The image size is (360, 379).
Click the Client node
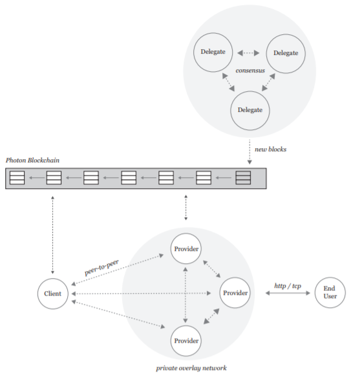52,294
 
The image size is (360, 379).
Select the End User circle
330,292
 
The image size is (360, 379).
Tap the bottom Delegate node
250,111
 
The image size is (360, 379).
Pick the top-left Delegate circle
213,52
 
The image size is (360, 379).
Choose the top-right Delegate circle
286,54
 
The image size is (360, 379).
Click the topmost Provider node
185,248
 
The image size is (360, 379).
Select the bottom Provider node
185,341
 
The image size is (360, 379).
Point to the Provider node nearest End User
235,293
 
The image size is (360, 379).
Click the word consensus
250,70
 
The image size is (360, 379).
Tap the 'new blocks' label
270,149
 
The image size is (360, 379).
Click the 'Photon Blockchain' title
32,160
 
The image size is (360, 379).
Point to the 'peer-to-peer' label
101,267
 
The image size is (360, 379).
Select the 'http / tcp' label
288,286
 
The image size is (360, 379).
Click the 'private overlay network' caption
191,368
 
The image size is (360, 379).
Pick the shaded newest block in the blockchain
243,178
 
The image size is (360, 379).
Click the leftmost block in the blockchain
17,178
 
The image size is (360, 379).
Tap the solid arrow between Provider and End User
288,293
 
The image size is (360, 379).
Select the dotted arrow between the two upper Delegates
248,52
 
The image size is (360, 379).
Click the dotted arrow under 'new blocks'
249,152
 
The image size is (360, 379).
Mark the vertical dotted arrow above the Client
52,235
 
